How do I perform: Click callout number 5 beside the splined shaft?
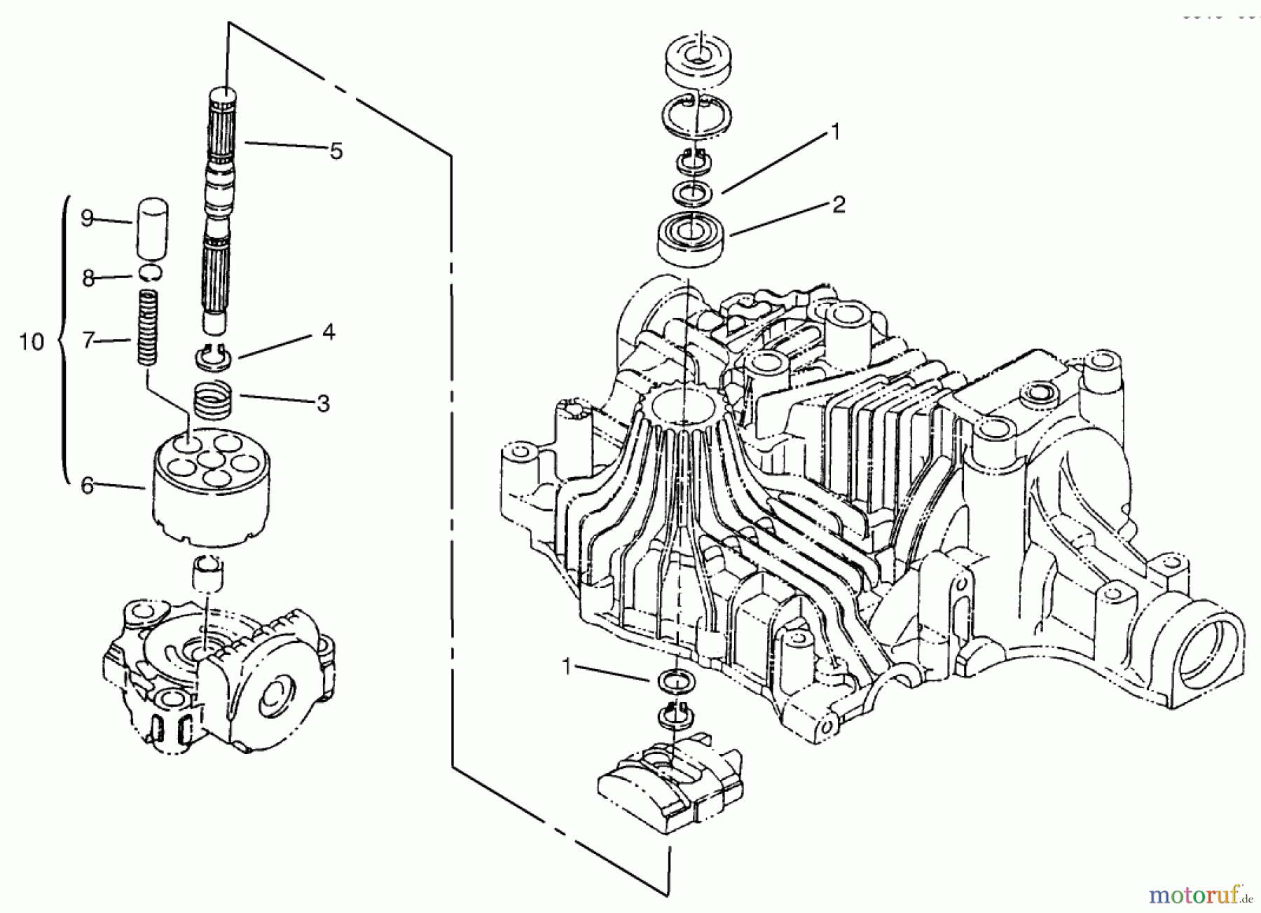pos(336,151)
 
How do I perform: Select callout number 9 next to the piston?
pos(87,218)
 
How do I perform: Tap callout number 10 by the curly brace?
pos(32,342)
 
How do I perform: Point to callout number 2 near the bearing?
pos(839,205)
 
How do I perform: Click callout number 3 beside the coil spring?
pos(323,404)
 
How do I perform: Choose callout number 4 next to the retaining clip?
pos(329,331)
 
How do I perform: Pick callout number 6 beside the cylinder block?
pos(87,485)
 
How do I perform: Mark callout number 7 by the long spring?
pos(88,341)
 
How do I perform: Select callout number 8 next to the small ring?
pos(88,278)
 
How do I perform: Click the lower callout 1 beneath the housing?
pos(567,667)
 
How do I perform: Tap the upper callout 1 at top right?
pos(834,131)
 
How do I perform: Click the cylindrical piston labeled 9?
pos(152,228)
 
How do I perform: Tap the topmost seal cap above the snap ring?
pos(697,59)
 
